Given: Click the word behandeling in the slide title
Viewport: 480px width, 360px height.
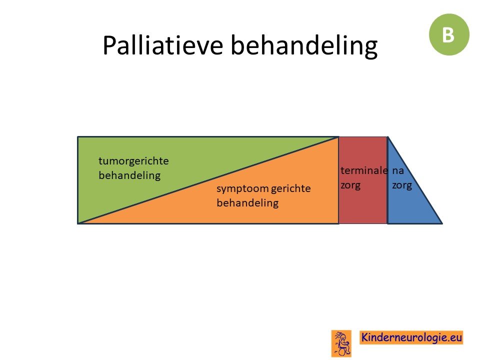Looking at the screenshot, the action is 304,46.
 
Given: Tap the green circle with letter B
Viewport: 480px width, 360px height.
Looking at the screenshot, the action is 449,34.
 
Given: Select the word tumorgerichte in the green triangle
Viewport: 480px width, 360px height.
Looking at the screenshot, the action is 133,161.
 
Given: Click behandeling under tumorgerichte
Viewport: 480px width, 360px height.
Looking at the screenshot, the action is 129,175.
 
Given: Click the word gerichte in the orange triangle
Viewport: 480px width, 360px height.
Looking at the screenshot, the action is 291,188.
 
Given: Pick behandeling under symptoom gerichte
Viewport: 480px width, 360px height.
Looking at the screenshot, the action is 247,202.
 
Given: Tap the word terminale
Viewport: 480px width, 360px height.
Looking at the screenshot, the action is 364,170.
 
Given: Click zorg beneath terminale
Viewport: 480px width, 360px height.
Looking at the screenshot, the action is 350,185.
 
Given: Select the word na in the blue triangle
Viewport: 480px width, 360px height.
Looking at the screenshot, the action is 398,171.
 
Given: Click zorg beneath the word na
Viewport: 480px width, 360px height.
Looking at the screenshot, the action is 402,185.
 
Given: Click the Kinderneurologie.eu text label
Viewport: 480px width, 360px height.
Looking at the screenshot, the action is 411,337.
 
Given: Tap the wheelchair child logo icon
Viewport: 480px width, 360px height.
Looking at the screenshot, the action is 341,343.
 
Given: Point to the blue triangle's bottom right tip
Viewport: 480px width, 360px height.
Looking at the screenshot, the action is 442,223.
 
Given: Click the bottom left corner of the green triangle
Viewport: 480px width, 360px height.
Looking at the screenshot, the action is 78,223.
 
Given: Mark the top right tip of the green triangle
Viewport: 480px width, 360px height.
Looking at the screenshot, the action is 338,137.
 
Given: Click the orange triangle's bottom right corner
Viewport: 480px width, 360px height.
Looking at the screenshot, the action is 338,223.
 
